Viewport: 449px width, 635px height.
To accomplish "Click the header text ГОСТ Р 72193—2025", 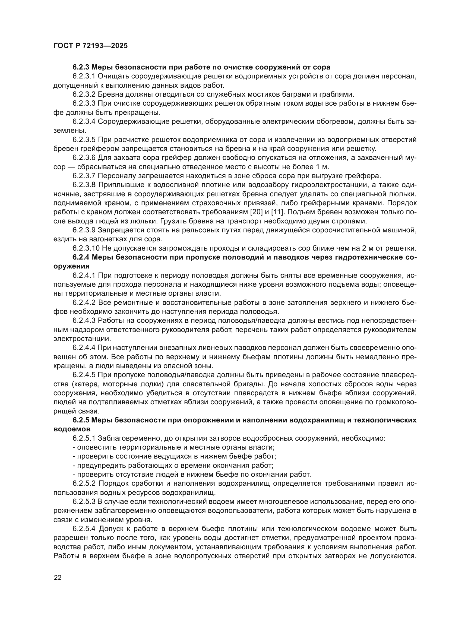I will click(x=90, y=46).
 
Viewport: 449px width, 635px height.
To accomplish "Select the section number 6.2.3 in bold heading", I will click(x=81, y=67).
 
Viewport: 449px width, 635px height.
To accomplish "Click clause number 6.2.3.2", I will click(x=84, y=94).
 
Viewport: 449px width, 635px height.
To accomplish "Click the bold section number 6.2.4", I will click(x=81, y=257).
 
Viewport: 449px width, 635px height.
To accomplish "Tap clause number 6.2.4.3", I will click(x=84, y=321).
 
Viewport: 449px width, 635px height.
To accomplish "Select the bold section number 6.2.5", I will click(x=81, y=420).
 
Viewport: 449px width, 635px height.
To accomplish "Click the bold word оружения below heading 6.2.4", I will click(x=71, y=266).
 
